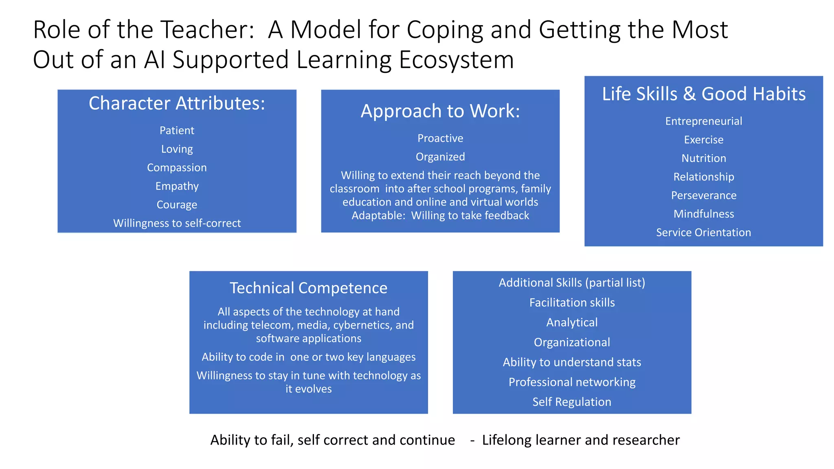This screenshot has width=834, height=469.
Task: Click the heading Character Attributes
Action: [177, 103]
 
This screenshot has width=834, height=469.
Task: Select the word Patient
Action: [177, 131]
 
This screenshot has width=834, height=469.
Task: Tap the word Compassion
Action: [177, 168]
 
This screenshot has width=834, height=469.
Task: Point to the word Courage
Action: [177, 205]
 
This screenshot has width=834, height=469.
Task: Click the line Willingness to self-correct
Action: [177, 224]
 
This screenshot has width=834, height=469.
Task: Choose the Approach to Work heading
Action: [440, 111]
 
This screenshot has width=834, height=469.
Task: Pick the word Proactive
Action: [440, 138]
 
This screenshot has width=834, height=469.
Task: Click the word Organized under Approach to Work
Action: [440, 157]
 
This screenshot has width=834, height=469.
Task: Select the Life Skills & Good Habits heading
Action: [704, 94]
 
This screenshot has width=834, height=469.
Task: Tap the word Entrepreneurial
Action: [704, 121]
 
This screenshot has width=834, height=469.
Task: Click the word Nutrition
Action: [704, 158]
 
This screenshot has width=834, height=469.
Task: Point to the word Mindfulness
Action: [704, 214]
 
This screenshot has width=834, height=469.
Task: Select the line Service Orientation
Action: [704, 233]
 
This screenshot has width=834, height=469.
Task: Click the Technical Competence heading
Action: [308, 288]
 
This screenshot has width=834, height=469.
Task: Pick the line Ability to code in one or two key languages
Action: [308, 357]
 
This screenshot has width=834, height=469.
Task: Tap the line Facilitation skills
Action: [572, 303]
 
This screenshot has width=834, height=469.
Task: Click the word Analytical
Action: [572, 323]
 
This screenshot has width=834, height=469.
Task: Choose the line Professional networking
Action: [572, 382]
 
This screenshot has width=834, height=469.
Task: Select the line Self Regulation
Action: [572, 402]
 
